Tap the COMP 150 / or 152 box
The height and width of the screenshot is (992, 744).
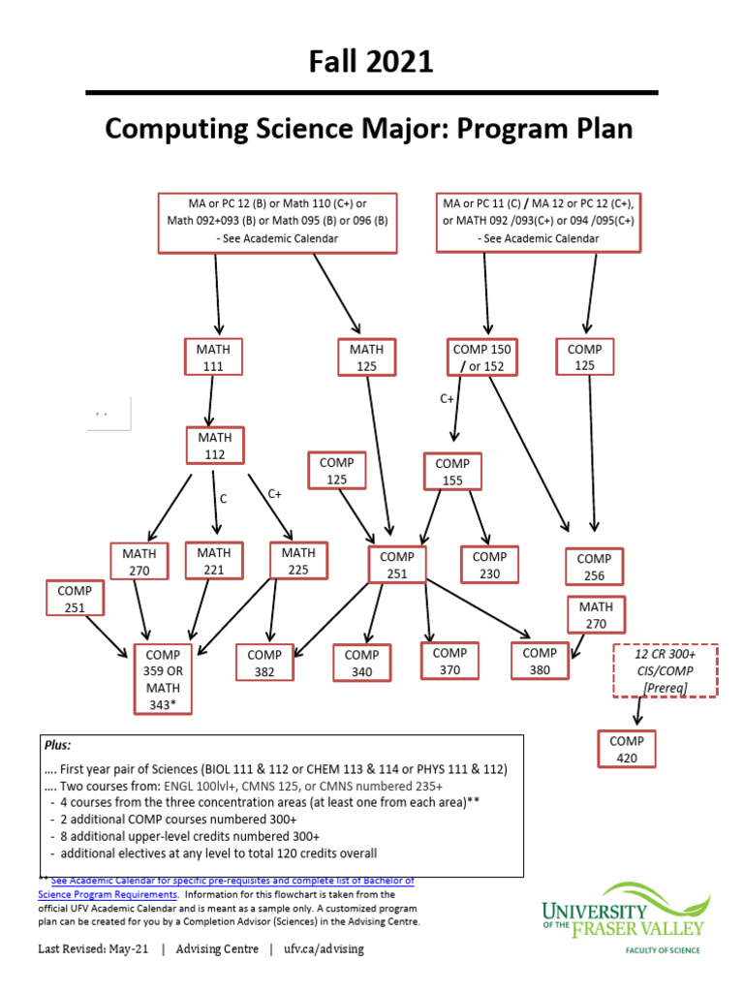point(481,356)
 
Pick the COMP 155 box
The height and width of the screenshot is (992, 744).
point(451,472)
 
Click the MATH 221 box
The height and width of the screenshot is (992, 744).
point(214,561)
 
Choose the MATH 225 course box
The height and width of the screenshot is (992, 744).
point(297,561)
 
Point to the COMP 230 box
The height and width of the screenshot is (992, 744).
point(489,565)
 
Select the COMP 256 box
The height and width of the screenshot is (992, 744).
point(594,567)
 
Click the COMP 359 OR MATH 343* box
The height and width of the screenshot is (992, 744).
point(162,679)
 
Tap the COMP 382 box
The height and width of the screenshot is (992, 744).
point(264,664)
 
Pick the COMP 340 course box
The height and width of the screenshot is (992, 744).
point(361,664)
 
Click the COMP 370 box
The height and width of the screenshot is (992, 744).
point(449,661)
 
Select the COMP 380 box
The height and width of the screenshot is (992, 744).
point(540,661)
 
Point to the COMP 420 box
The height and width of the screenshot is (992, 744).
point(627,749)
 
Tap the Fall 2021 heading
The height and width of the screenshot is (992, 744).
point(371,63)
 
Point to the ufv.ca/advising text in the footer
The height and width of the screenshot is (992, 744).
point(324,948)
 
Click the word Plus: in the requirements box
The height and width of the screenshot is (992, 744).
point(57,746)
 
